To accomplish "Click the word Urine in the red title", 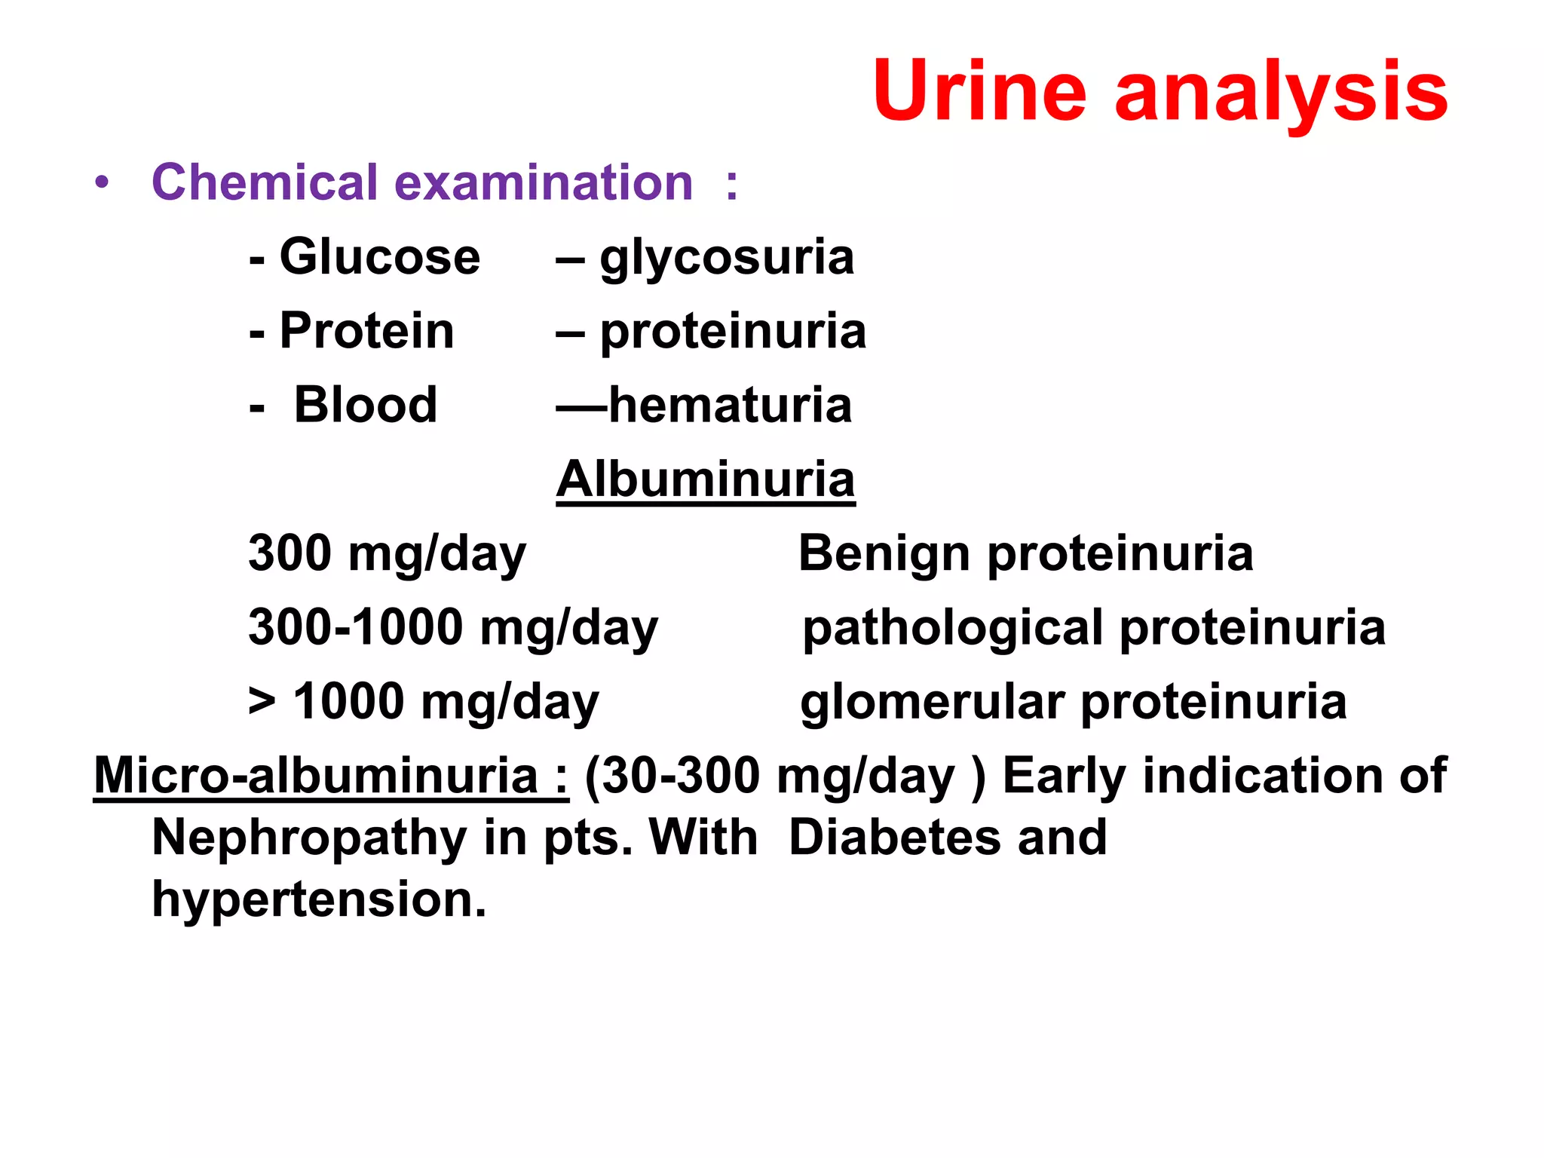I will (x=979, y=91).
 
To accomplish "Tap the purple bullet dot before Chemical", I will (x=102, y=182).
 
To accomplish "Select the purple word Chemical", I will (x=264, y=182).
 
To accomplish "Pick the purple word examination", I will (x=543, y=182).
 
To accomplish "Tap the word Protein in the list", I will (x=366, y=331).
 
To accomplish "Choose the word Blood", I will (x=365, y=405).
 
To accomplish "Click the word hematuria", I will (x=730, y=405).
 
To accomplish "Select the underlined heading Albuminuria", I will (x=706, y=479).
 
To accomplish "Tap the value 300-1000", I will (x=355, y=626).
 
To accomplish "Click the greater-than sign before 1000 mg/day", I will (x=262, y=701).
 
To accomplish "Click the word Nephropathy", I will (x=309, y=839).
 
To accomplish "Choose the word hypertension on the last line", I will (x=318, y=900).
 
